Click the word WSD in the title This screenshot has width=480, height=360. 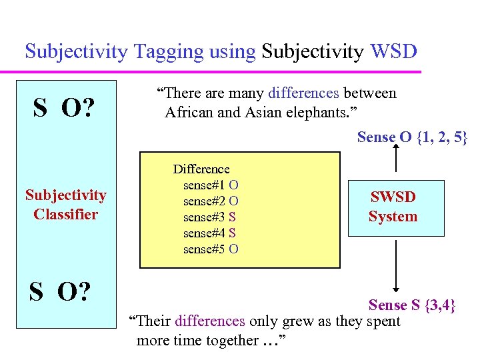[395, 51]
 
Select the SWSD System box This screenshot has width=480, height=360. [396, 207]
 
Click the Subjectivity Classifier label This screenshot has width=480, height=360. [65, 205]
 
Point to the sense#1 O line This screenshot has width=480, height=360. [211, 185]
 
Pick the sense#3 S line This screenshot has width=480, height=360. [209, 217]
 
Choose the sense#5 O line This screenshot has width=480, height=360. [211, 249]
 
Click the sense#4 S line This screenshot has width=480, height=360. [209, 233]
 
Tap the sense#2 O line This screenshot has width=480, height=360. [211, 201]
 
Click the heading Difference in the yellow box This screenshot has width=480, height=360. [201, 169]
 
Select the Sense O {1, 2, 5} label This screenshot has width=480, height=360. [412, 137]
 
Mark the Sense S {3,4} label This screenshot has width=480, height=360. [412, 305]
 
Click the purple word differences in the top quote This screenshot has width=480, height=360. [304, 93]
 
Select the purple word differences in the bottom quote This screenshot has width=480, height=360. [209, 321]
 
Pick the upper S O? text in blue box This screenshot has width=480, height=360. [63, 107]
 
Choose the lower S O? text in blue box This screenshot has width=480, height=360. [59, 291]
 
